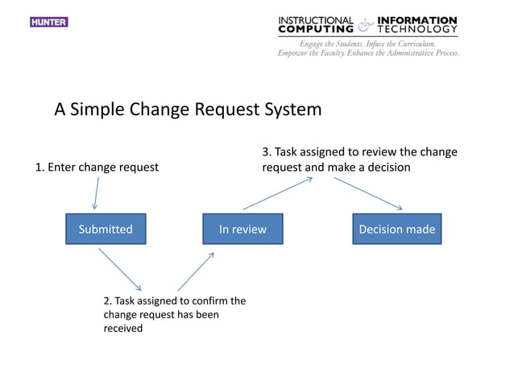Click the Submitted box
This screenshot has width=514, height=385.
106,230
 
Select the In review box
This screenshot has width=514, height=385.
242,230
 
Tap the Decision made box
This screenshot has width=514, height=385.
396,230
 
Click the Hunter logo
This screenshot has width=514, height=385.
49,22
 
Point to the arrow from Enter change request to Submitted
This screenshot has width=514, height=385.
96,193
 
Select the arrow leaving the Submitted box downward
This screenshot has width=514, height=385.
120,269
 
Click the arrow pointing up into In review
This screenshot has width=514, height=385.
196,271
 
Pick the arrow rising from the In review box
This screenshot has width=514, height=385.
277,193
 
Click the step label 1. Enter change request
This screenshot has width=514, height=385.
97,168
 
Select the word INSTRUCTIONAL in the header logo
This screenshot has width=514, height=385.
316,20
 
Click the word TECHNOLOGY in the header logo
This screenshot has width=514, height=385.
419,30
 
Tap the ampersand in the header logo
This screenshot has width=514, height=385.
366,25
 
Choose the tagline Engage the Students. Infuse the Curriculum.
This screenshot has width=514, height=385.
367,43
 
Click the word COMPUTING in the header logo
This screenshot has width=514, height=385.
316,30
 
